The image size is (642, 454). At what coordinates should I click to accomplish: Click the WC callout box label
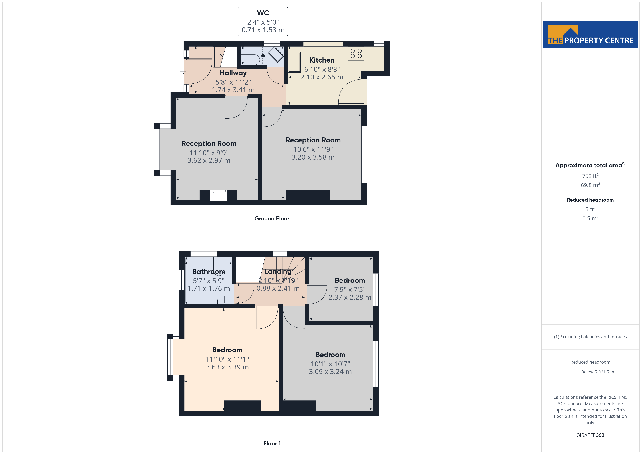263,13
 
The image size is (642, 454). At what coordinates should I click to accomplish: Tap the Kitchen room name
322,60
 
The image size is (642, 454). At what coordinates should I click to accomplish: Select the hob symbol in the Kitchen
356,53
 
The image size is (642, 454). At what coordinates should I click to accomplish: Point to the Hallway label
233,73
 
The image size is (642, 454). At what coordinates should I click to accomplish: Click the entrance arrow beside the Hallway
183,71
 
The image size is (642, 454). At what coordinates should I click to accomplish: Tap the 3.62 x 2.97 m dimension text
209,160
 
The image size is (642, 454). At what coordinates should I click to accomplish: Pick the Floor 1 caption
272,443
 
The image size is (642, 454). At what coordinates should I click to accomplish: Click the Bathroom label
209,271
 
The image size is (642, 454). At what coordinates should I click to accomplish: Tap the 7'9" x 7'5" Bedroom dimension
350,289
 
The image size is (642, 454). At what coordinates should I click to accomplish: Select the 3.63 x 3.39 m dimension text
227,367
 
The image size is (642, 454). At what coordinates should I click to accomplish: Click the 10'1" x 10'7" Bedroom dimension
330,364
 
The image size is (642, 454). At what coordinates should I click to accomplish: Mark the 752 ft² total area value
590,176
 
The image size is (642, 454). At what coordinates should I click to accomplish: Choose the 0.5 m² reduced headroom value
590,218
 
